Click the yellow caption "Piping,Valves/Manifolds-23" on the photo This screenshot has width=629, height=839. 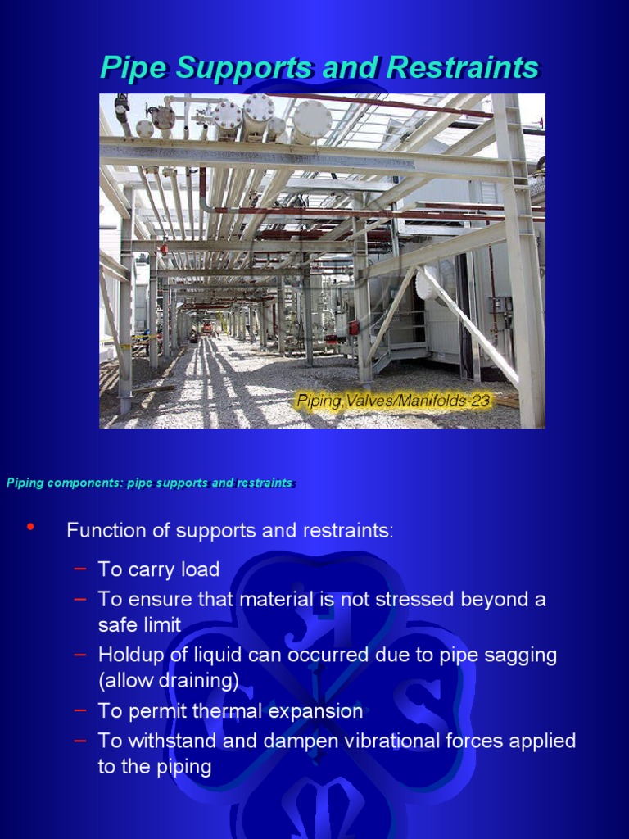[x=393, y=401]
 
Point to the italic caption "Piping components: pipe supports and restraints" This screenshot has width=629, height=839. [x=149, y=483]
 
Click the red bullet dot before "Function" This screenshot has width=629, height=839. [x=31, y=527]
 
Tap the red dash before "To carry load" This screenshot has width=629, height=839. [x=79, y=568]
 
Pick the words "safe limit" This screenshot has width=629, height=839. [x=139, y=625]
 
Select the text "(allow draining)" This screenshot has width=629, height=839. [x=168, y=681]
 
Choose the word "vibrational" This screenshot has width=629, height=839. [x=385, y=741]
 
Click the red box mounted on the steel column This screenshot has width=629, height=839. [x=354, y=328]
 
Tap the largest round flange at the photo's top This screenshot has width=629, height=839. [x=312, y=120]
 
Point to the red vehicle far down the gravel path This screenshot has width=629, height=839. [x=206, y=327]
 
